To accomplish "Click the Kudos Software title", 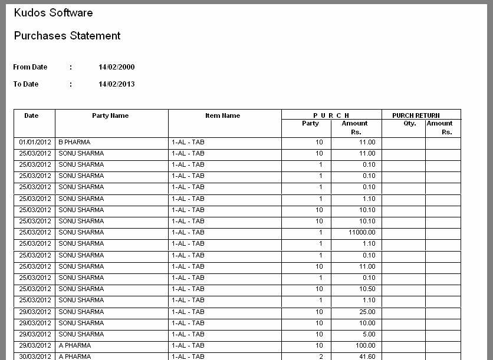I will tap(53, 12).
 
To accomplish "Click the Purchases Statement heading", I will tap(67, 36).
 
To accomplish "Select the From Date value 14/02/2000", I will tap(116, 67).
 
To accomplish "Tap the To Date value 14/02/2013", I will tap(116, 84).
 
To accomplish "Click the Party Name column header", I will tap(110, 115).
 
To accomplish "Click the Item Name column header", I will tap(222, 115).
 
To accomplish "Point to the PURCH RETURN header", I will tap(416, 115).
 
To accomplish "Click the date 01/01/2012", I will tap(35, 143).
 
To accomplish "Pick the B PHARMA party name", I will tap(74, 143).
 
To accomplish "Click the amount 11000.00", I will tap(361, 233).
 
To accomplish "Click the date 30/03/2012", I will tap(35, 356).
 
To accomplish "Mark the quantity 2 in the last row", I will tap(321, 356).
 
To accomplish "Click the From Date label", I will tap(30, 67).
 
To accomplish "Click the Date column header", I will tap(31, 115).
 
